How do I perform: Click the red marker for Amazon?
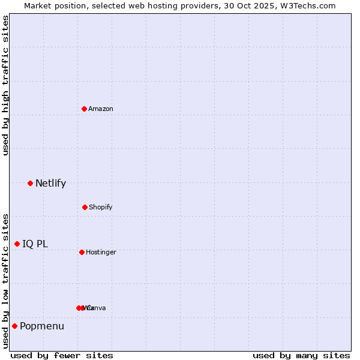pyautogui.click(x=84, y=109)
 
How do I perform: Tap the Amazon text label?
pyautogui.click(x=100, y=109)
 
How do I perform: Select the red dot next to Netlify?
pyautogui.click(x=30, y=183)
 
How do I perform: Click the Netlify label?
pyautogui.click(x=50, y=184)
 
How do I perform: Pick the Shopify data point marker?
pyautogui.click(x=85, y=207)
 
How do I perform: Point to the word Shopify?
pyautogui.click(x=100, y=207)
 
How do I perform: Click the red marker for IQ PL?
pyautogui.click(x=17, y=244)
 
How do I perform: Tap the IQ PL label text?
pyautogui.click(x=35, y=244)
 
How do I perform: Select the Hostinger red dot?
pyautogui.click(x=82, y=252)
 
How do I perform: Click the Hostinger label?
pyautogui.click(x=101, y=252)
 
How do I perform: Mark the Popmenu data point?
pyautogui.click(x=14, y=326)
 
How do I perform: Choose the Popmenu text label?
pyautogui.click(x=42, y=326)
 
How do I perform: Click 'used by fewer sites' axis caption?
pyautogui.click(x=62, y=355)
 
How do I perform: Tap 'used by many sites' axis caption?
pyautogui.click(x=301, y=355)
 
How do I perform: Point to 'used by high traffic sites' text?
pyautogui.click(x=6, y=85)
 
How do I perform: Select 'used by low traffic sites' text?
pyautogui.click(x=6, y=281)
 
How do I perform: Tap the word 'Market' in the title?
pyautogui.click(x=38, y=6)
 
